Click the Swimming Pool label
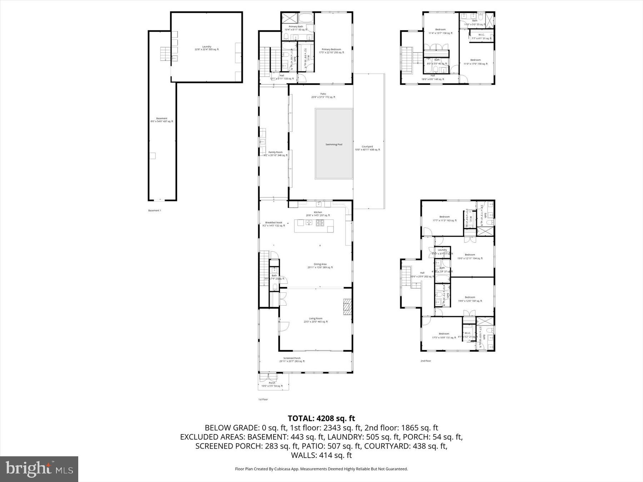[x=334, y=145]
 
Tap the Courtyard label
[x=367, y=147]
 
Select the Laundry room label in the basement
[x=206, y=47]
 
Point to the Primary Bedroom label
[x=331, y=50]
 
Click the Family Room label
[x=275, y=152]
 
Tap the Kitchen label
[x=318, y=212]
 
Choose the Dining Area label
[x=320, y=265]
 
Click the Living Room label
[x=315, y=318]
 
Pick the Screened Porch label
[x=292, y=358]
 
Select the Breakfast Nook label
[x=274, y=223]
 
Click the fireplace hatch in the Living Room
[x=347, y=307]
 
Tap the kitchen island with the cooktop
[x=314, y=226]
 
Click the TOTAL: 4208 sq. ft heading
[x=321, y=418]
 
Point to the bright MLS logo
[x=39, y=469]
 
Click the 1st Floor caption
[x=263, y=400]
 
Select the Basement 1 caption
[x=155, y=211]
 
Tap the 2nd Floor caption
[x=425, y=361]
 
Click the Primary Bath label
[x=296, y=27]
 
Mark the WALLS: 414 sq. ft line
[x=321, y=455]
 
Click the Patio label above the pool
[x=323, y=94]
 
